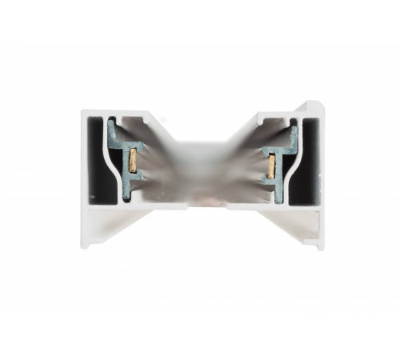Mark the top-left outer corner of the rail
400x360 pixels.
82,113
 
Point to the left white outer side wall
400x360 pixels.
85,176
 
